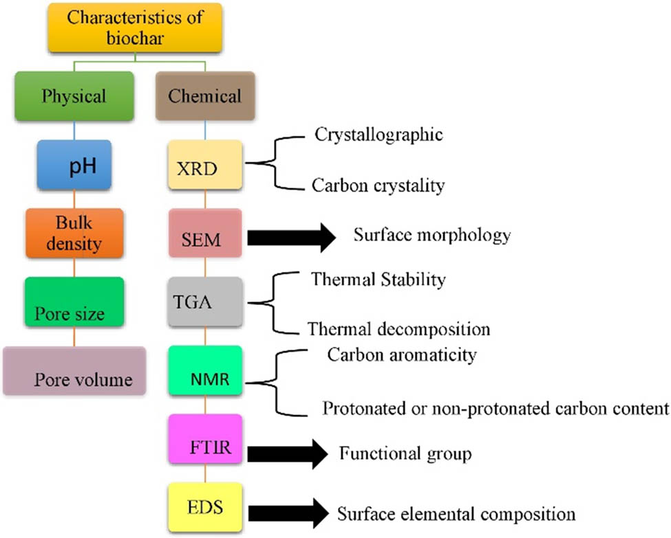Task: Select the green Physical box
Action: tap(74, 96)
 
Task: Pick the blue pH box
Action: tap(74, 167)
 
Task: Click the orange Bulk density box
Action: tap(74, 234)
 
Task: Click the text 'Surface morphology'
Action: tap(432, 235)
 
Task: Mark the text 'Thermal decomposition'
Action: tap(398, 328)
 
